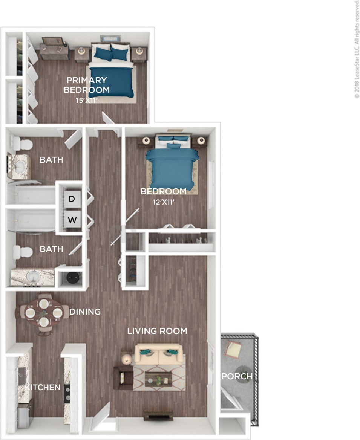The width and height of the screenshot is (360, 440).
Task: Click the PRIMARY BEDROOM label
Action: [87, 85]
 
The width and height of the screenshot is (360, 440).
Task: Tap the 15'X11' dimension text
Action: [87, 100]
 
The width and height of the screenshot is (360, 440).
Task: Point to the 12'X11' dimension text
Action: [164, 202]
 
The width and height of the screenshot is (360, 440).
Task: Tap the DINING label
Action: [85, 312]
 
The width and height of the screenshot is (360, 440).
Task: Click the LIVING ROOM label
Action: [157, 331]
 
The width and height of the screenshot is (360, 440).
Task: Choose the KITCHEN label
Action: [43, 387]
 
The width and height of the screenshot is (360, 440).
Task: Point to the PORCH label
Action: [237, 376]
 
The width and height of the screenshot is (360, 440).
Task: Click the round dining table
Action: [44, 313]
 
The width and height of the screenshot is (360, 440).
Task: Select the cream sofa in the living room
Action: [159, 354]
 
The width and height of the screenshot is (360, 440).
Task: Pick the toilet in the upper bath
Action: [22, 144]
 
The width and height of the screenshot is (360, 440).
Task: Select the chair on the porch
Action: [233, 349]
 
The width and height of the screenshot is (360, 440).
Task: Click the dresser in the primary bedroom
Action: [54, 51]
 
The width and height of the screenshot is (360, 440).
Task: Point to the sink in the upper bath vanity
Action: [21, 166]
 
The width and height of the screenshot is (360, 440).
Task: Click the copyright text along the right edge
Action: [357, 49]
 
